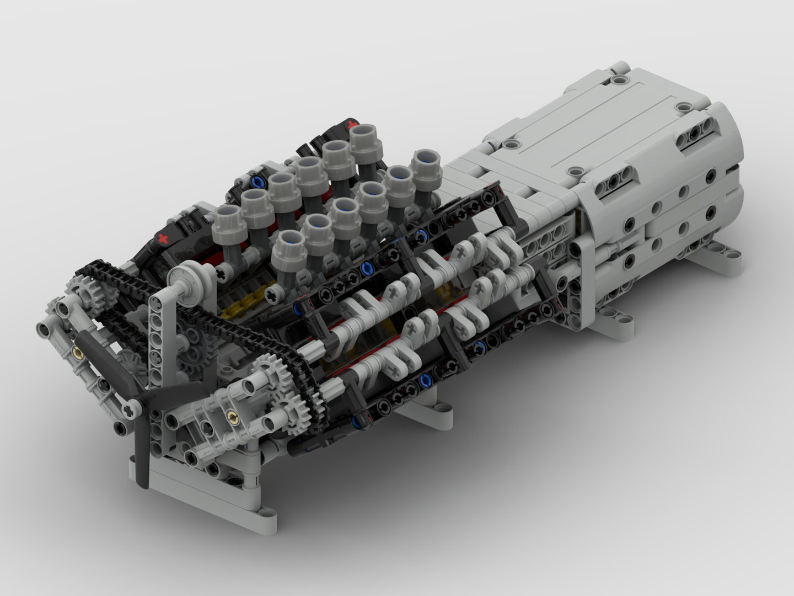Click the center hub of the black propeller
click(x=131, y=409)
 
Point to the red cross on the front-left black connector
click(x=163, y=239)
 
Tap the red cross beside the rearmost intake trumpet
click(x=348, y=125)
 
